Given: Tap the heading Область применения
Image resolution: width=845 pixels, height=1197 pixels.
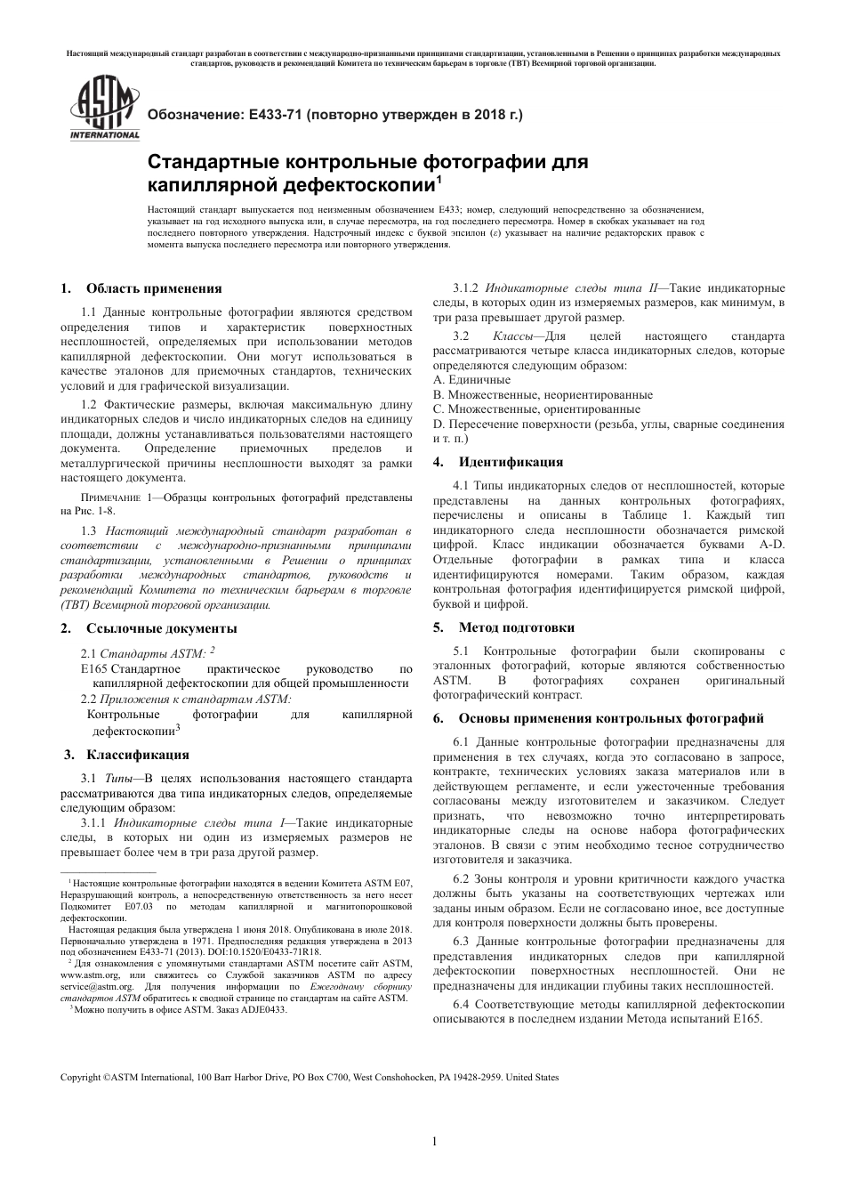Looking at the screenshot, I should pos(153,288).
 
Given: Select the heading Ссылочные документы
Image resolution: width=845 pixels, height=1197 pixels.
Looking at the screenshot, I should pos(161,628).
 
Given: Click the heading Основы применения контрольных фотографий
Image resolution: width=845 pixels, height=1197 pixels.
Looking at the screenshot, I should pos(610,718).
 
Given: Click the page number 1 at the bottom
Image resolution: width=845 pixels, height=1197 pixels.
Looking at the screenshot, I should pos(433,1142).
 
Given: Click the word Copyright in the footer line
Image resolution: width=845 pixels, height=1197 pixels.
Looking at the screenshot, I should pos(80,1077).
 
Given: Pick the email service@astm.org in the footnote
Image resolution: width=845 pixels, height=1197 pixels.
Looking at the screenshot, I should pos(93,987).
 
